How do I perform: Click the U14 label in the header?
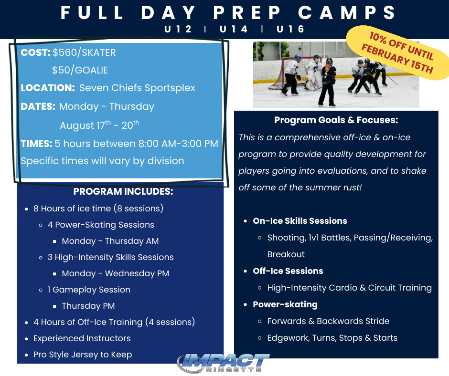pos(234,29)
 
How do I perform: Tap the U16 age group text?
pos(290,29)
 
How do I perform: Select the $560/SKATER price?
pos(84,52)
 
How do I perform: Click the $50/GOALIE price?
pos(80,70)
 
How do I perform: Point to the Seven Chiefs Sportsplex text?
pos(137,88)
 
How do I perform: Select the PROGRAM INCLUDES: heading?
pos(123,192)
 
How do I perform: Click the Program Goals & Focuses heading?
pos(336,120)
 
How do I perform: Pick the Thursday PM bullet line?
pos(88,306)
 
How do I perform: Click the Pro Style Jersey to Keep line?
pos(83,355)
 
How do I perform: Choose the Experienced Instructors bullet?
pos(82,338)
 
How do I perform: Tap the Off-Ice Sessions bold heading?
pos(288,271)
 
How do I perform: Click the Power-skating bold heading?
pos(285,304)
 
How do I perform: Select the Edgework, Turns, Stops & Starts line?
pos(332,338)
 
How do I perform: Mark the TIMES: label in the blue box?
pos(36,144)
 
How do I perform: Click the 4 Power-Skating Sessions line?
pos(101,225)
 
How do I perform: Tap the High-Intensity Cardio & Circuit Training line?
pos(349,288)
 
